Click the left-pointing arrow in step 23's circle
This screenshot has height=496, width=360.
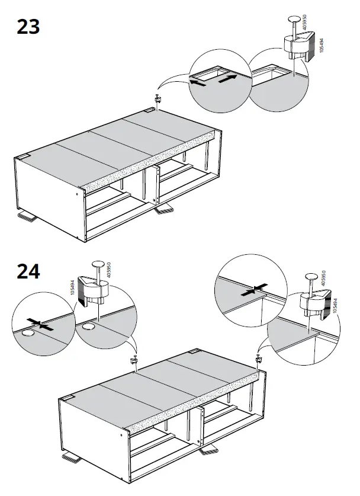198,84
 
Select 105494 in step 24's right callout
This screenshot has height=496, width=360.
335,306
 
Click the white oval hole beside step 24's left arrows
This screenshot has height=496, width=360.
28,335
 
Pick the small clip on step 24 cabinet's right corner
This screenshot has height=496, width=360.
258,358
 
